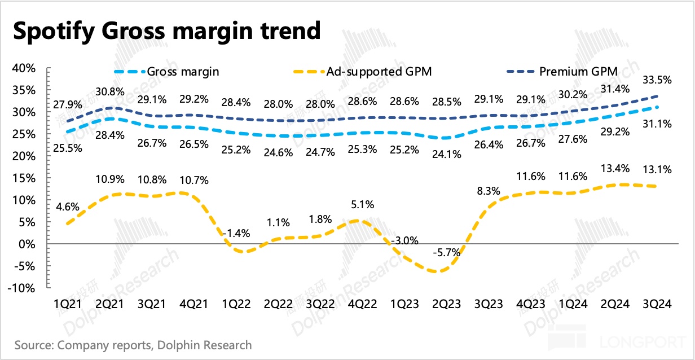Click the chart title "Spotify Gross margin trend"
(x=166, y=31)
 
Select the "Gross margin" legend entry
(x=183, y=72)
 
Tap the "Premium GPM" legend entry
(x=578, y=71)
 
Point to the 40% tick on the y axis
(x=24, y=68)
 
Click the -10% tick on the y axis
(x=23, y=288)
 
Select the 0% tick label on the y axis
(x=29, y=244)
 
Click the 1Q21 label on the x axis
(x=66, y=304)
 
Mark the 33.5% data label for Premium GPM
(x=657, y=81)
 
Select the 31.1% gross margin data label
(x=657, y=124)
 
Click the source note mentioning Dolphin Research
(x=133, y=345)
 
